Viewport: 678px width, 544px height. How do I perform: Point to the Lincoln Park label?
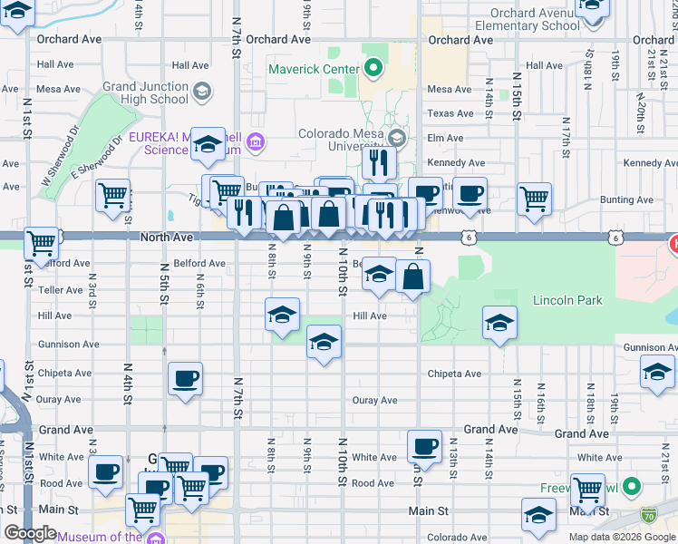567,300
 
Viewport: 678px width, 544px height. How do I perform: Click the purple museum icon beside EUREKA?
257,142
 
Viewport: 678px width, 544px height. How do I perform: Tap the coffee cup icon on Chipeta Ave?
186,379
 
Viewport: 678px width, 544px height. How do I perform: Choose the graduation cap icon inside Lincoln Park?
499,324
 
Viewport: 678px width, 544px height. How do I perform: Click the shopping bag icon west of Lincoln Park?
412,277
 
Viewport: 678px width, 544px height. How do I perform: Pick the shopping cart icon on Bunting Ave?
534,198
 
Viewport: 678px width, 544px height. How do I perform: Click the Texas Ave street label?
450,113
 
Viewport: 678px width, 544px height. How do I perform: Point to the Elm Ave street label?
445,138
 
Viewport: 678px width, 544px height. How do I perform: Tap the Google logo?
29,533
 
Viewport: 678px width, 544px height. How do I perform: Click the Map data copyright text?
621,537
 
